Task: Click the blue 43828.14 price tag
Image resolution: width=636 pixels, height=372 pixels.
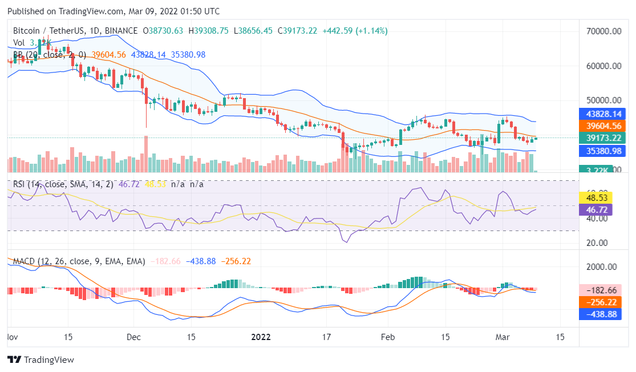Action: (x=600, y=114)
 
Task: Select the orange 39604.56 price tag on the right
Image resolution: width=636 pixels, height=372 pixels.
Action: (x=600, y=126)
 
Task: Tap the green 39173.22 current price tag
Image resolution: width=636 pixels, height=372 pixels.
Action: (x=600, y=138)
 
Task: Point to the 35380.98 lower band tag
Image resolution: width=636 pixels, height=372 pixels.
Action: (x=600, y=151)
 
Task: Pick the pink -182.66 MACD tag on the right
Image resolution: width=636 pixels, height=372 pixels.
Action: (x=600, y=290)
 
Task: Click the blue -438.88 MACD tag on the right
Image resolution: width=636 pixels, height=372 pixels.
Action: (x=600, y=314)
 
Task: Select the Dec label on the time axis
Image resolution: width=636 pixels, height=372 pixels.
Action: (x=133, y=337)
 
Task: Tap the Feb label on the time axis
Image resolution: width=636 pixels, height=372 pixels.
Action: (x=387, y=337)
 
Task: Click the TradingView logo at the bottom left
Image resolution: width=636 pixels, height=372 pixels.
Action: (x=40, y=360)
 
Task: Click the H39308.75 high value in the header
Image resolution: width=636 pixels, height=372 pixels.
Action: (x=208, y=30)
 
